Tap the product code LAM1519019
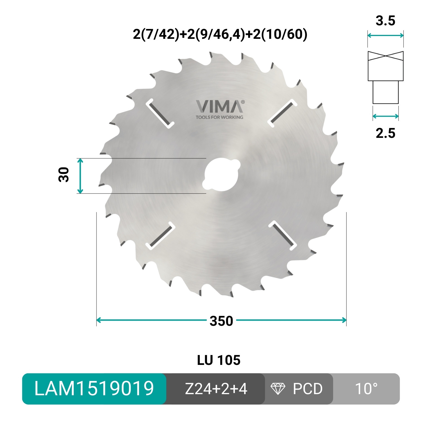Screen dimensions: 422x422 click(94, 389)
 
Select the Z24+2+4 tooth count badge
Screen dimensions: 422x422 click(216, 389)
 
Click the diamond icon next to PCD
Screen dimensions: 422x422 click(277, 389)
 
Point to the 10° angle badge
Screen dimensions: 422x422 click(366, 389)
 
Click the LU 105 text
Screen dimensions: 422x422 click(219, 360)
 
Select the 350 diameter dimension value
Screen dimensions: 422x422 click(221, 321)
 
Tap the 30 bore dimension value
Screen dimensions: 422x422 click(64, 175)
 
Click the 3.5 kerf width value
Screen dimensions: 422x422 click(385, 21)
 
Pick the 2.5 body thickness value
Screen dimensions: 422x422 click(385, 133)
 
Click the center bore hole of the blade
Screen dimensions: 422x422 click(221, 175)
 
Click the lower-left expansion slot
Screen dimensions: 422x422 click(160, 236)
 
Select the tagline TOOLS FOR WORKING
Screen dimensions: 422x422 click(219, 117)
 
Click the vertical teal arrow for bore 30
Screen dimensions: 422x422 click(80, 176)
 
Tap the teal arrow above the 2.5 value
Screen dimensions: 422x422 click(385, 116)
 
